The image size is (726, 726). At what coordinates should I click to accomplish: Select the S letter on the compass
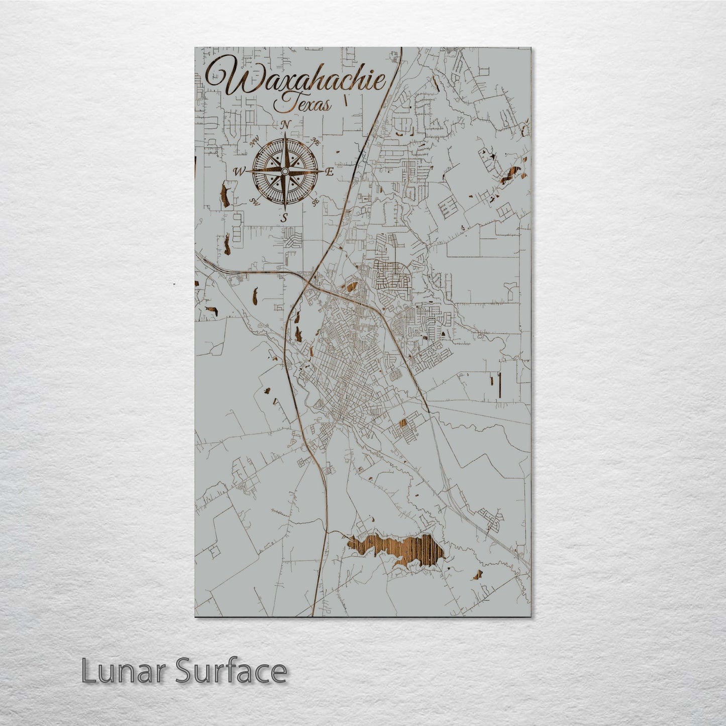click(x=284, y=218)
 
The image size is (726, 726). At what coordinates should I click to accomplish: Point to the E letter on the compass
click(x=330, y=172)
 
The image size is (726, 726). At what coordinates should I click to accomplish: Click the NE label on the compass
click(x=316, y=142)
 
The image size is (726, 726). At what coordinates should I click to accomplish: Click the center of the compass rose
click(x=285, y=172)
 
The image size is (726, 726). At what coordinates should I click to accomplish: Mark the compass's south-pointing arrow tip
click(x=285, y=210)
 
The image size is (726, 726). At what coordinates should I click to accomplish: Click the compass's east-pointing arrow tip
click(x=323, y=172)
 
